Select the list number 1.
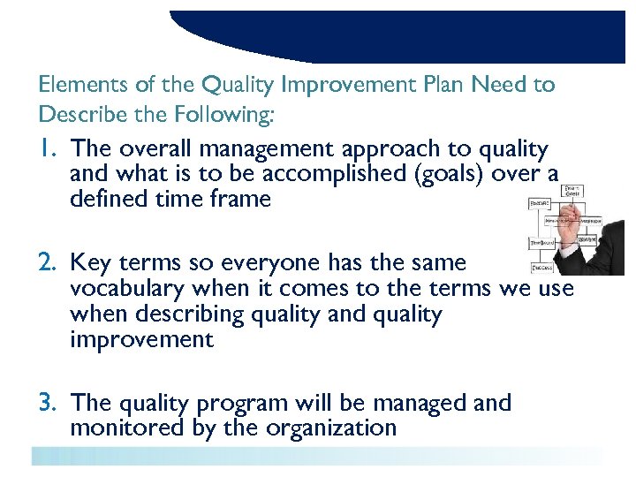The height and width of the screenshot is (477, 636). pyautogui.click(x=49, y=149)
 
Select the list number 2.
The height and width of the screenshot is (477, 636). pyautogui.click(x=49, y=262)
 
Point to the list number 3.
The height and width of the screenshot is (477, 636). pyautogui.click(x=49, y=403)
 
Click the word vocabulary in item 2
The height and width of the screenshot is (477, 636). pyautogui.click(x=129, y=288)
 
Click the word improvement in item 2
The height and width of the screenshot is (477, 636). pyautogui.click(x=141, y=340)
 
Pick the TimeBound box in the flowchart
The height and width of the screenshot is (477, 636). pyautogui.click(x=541, y=242)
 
